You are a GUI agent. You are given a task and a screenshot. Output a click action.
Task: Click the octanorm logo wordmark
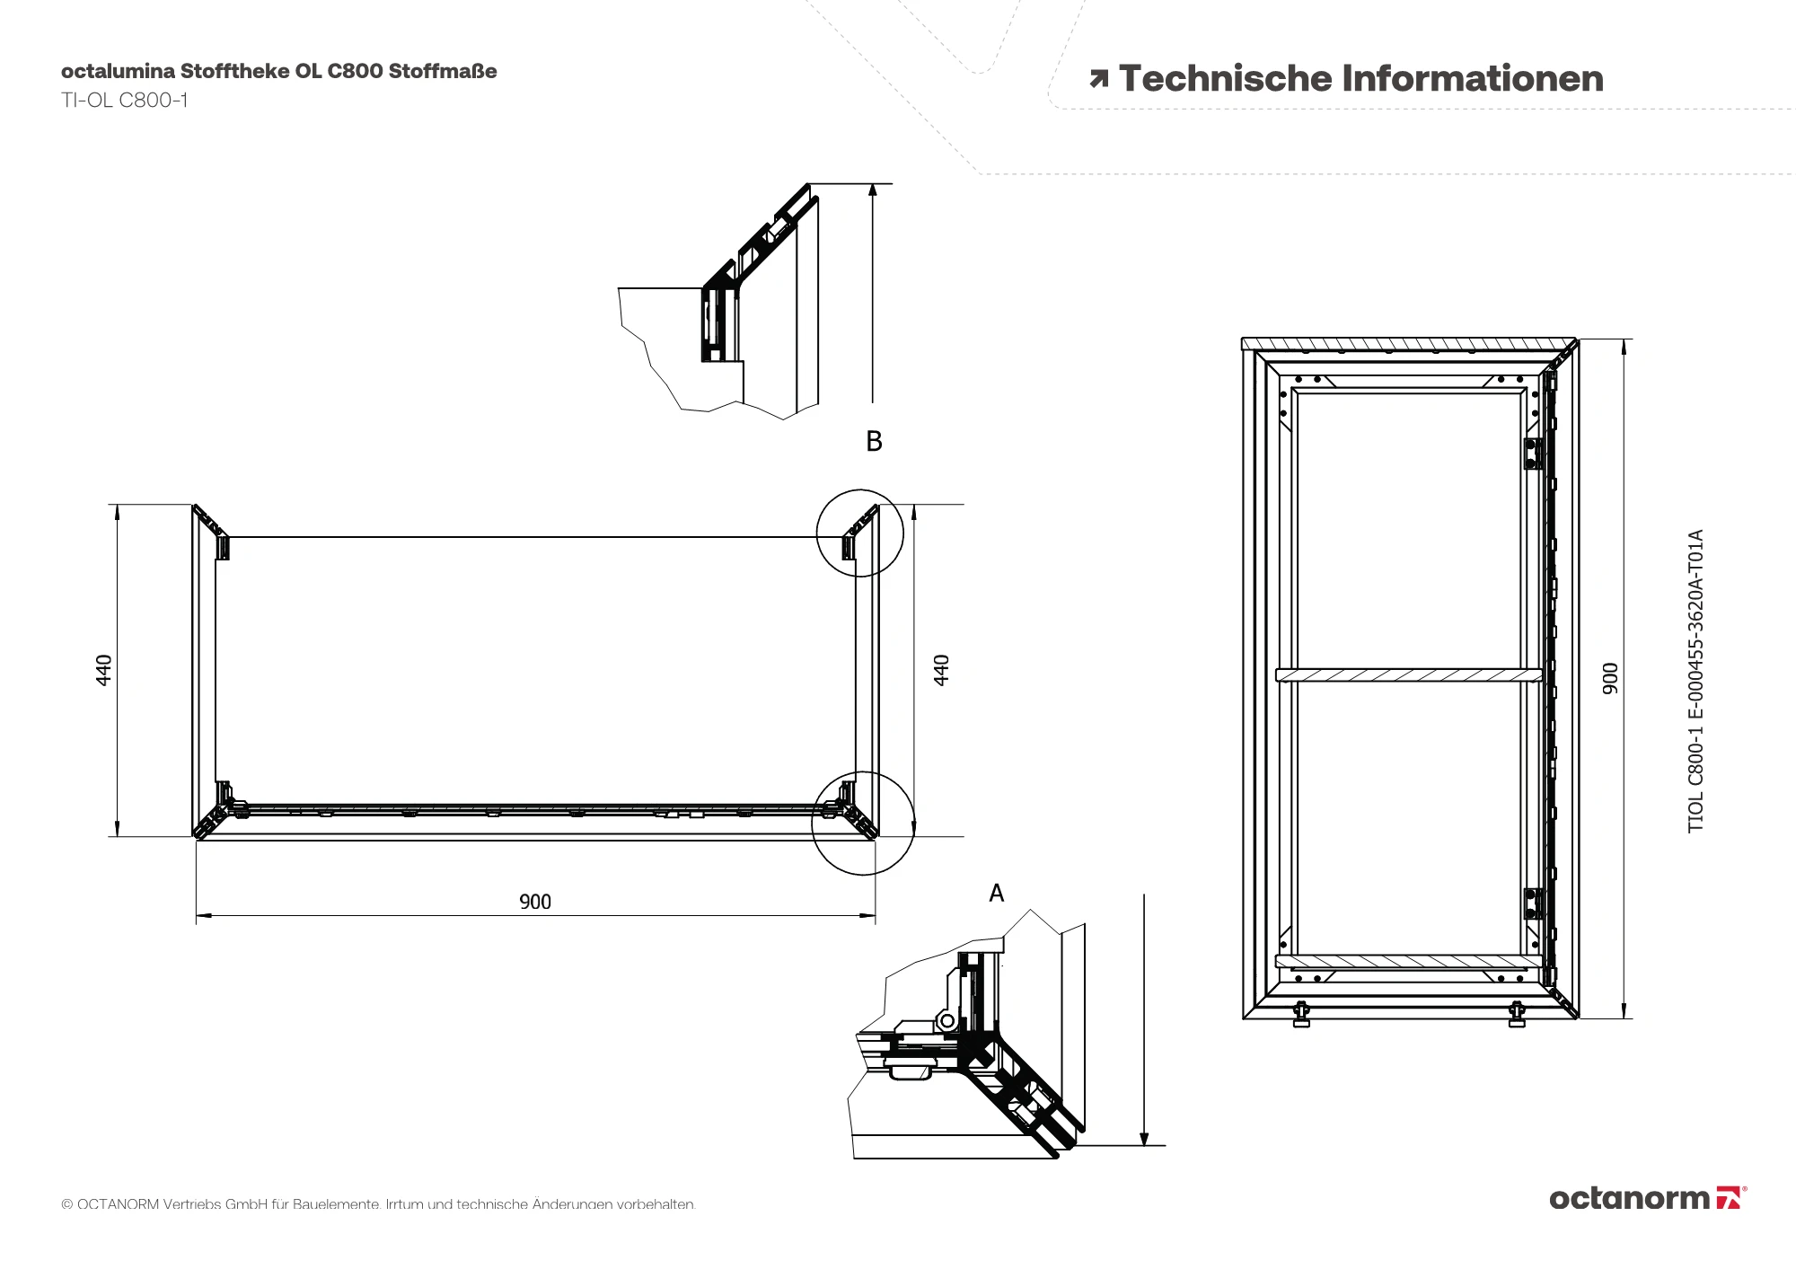coord(1630,1198)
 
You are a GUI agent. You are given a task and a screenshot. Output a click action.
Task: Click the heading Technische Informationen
coord(1360,79)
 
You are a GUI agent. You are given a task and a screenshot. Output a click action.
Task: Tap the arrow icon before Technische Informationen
coord(1098,80)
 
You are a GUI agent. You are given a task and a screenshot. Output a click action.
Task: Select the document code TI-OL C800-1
coord(125,101)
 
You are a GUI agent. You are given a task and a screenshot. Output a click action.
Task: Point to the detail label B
coord(874,441)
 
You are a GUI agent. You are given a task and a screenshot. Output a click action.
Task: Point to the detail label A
coord(996,894)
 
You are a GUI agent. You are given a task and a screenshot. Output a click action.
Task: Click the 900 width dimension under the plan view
coord(535,902)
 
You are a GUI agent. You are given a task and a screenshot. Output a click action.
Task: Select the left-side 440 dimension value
coord(104,670)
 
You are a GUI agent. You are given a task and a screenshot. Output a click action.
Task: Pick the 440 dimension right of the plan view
coord(941,670)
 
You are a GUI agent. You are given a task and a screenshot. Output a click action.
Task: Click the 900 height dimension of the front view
coord(1610,678)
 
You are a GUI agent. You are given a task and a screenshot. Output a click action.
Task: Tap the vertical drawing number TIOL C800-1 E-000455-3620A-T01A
coord(1695,681)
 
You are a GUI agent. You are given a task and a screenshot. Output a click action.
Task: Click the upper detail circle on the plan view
coord(859,533)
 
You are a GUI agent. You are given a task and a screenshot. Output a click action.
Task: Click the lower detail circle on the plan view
coord(862,823)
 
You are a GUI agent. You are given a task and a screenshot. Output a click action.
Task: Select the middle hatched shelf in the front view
coord(1408,674)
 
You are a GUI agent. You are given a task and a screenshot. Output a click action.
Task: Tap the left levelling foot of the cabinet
coord(1301,1015)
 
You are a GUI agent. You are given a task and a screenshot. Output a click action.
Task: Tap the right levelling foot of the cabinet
coord(1517,1015)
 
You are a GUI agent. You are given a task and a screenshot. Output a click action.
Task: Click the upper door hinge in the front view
coord(1533,454)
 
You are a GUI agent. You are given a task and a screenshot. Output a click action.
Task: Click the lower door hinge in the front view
coord(1533,903)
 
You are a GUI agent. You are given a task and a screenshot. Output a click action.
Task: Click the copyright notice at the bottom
coord(378,1203)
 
